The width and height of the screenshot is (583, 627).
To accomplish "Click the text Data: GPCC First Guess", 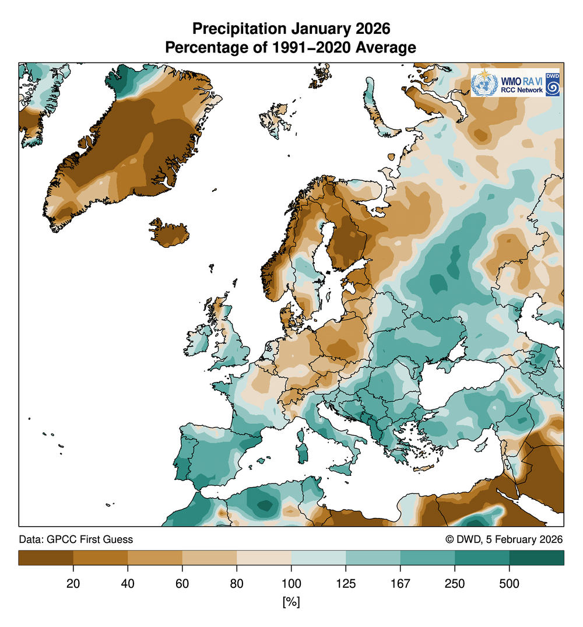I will [76, 540].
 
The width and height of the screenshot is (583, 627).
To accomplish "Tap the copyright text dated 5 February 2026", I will [504, 540].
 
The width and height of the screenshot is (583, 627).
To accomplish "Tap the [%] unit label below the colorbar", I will [291, 601].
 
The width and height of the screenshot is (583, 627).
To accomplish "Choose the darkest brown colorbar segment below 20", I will [45, 558].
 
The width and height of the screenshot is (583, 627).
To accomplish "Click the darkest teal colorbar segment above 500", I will [536, 558].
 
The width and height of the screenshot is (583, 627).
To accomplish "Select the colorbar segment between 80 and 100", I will [264, 558].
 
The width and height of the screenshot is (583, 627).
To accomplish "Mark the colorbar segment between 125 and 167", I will [373, 558].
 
